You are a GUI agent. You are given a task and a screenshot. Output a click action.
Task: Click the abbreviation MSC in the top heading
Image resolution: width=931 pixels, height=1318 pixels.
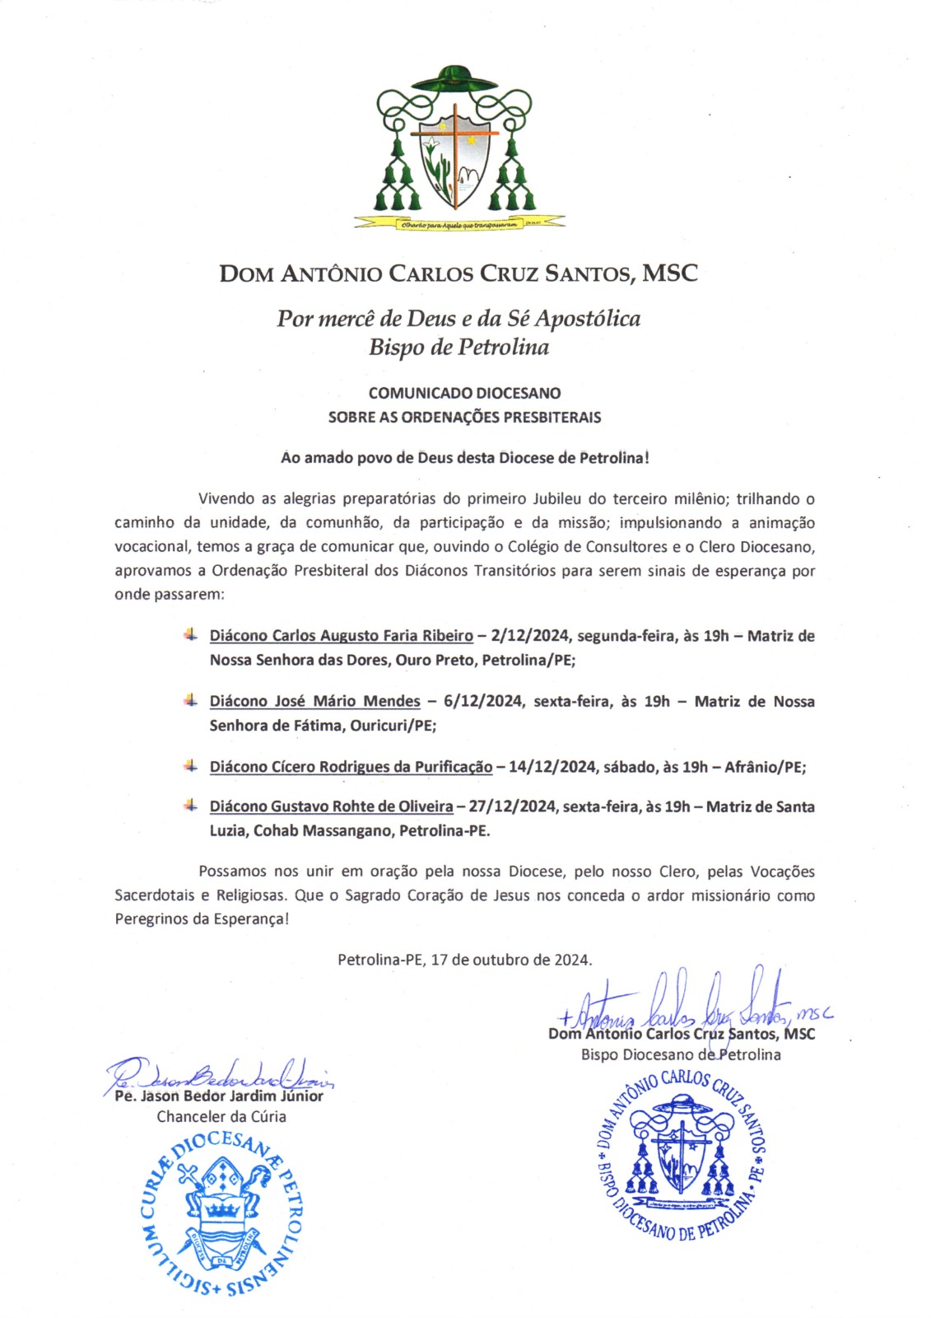[669, 273]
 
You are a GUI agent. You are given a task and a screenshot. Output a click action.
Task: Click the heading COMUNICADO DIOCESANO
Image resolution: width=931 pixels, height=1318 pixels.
[464, 393]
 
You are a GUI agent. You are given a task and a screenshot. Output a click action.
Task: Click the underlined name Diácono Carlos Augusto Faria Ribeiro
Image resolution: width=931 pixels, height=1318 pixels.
[341, 636]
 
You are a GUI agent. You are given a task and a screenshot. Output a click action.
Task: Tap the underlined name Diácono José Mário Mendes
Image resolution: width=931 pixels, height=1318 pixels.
[314, 702]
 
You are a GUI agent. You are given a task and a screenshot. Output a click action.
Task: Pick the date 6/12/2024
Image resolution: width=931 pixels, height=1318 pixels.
[482, 702]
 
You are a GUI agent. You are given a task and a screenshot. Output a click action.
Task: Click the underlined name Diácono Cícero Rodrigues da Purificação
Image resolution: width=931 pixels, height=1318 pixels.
[351, 767]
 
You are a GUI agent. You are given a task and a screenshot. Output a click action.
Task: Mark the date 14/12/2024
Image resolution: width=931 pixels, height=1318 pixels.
[552, 767]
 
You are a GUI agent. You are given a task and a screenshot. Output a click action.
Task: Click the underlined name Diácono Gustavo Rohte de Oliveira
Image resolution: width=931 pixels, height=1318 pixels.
[331, 806]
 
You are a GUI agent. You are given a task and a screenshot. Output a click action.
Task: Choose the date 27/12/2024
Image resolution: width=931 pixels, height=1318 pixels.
[512, 806]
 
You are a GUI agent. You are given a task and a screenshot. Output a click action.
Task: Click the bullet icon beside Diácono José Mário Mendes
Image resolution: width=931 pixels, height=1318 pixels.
[190, 700]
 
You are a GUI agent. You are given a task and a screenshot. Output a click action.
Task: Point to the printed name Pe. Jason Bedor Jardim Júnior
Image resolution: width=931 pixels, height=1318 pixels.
[219, 1096]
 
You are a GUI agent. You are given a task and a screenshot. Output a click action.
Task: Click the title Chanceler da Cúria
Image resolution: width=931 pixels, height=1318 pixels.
[221, 1117]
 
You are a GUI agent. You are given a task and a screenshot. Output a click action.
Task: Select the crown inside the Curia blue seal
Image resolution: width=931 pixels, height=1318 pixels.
[221, 1208]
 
